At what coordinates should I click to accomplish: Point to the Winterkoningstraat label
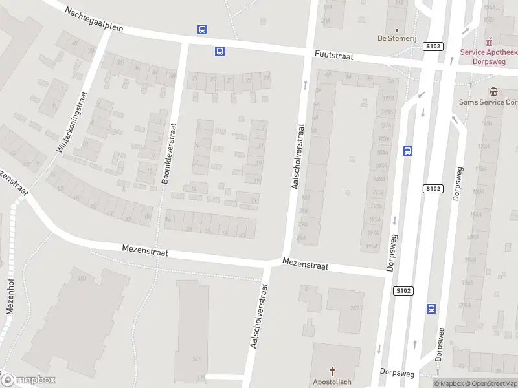[x=72, y=122]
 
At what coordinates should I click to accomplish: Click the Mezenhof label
[x=10, y=297]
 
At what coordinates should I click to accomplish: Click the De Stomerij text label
[x=396, y=38]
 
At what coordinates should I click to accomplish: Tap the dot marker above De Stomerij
[x=397, y=29]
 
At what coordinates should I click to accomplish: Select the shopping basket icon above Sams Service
[x=493, y=92]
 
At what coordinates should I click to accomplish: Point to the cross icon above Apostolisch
[x=333, y=371]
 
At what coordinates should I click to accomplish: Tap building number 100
[x=82, y=278]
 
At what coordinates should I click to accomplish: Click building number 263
[x=354, y=308]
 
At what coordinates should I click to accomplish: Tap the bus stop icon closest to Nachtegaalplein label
[x=203, y=29]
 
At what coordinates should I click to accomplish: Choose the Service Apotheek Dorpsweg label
[x=490, y=57]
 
